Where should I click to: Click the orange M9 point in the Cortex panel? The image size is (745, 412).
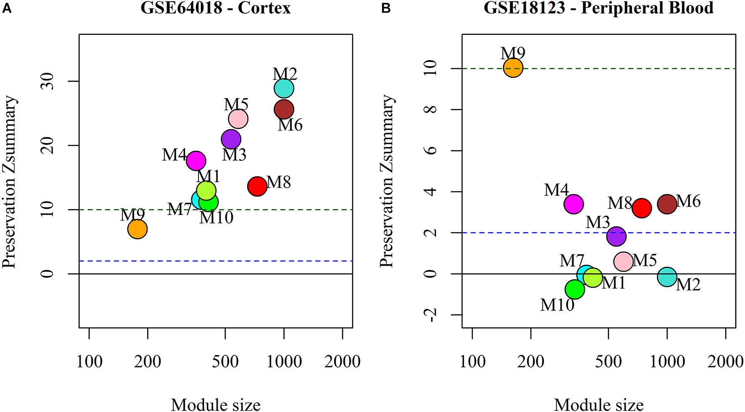click(137, 229)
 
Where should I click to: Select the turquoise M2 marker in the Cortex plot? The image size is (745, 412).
click(284, 89)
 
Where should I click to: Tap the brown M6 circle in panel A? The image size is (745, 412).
click(284, 110)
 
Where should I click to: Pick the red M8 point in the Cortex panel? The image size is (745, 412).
click(257, 186)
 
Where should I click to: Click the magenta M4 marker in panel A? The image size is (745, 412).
click(196, 160)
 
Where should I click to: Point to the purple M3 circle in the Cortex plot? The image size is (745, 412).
click(231, 139)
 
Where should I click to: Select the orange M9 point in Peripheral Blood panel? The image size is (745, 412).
click(513, 67)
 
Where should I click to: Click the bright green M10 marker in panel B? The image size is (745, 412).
click(575, 289)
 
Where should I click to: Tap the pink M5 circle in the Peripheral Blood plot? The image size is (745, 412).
click(623, 261)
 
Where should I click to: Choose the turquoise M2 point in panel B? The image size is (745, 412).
click(667, 277)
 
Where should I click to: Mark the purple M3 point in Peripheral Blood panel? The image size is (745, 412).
click(616, 236)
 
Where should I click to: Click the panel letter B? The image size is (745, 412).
click(386, 8)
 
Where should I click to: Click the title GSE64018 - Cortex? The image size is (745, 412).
click(215, 8)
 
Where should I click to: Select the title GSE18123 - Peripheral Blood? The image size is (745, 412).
click(598, 8)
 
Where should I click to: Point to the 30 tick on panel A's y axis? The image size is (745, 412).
click(48, 81)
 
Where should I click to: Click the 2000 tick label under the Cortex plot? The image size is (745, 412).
click(342, 361)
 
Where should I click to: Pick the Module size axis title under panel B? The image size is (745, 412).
click(599, 404)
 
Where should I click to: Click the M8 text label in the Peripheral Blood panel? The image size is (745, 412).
click(620, 203)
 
